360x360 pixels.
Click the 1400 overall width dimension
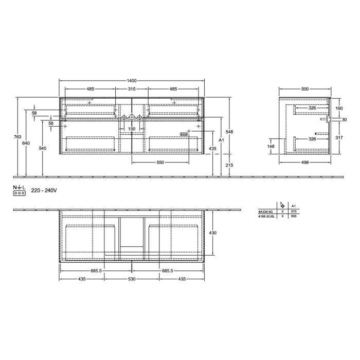point(132,81)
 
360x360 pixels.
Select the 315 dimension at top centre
point(132,89)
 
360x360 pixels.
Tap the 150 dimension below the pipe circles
point(132,129)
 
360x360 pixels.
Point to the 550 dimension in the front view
point(160,163)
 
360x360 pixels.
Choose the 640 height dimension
point(26,143)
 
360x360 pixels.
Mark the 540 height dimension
point(43,149)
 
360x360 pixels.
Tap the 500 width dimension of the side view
point(305,89)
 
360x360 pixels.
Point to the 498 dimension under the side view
point(305,163)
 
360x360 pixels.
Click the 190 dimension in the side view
point(338,109)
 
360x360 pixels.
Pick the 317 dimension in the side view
point(338,137)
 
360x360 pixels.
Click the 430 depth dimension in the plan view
point(213,233)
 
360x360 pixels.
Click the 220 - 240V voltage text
point(44,190)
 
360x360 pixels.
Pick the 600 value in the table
point(294,215)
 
